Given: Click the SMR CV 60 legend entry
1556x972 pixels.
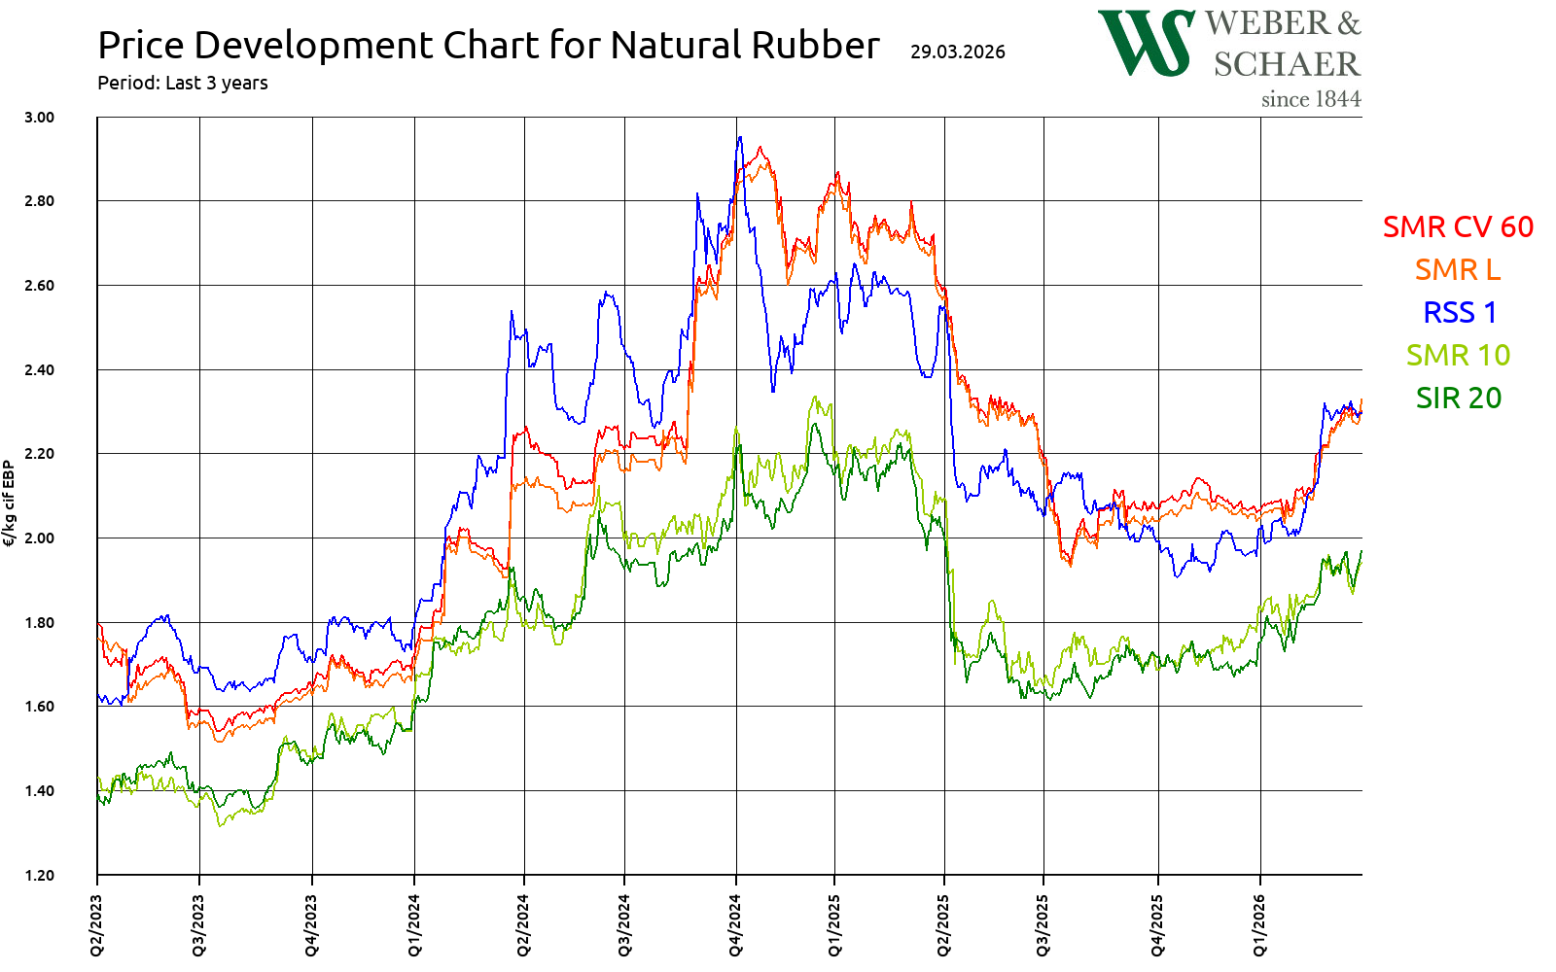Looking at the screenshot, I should (1458, 226).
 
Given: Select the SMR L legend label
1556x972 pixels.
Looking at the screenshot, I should (1457, 269).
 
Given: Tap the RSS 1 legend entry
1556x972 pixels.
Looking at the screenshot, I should (1459, 312).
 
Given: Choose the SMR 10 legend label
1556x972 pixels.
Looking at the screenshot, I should (1458, 355).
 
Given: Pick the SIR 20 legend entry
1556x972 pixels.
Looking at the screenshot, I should (1458, 398).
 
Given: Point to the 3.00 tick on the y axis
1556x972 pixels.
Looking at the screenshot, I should (40, 117).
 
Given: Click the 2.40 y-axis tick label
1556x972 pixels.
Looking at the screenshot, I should (40, 369).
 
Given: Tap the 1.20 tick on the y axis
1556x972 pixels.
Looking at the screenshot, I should (40, 875).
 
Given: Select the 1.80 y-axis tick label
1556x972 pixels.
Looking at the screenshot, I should (40, 622).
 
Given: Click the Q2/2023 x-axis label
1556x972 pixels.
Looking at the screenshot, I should (96, 925).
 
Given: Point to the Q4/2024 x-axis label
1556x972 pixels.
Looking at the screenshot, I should (736, 925).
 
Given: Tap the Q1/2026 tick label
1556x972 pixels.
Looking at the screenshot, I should (1260, 925).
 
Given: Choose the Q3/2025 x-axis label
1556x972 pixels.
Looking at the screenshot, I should (1043, 925).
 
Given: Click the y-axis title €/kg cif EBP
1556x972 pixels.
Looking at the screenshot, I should (10, 503).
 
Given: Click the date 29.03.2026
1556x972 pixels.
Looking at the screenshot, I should (958, 52).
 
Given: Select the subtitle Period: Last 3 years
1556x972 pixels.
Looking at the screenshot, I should (183, 84).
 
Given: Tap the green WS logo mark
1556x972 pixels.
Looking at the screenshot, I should (1146, 43).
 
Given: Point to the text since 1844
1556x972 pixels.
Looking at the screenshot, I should (1310, 99).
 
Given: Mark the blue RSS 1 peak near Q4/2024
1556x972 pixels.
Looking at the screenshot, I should (740, 137).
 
